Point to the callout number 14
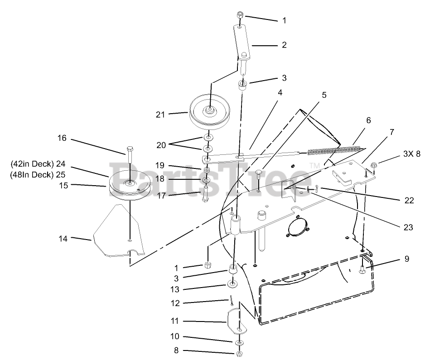[63, 238]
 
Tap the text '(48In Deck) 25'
[39, 174]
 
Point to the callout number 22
[409, 200]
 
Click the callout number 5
[324, 95]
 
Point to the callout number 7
[392, 132]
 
